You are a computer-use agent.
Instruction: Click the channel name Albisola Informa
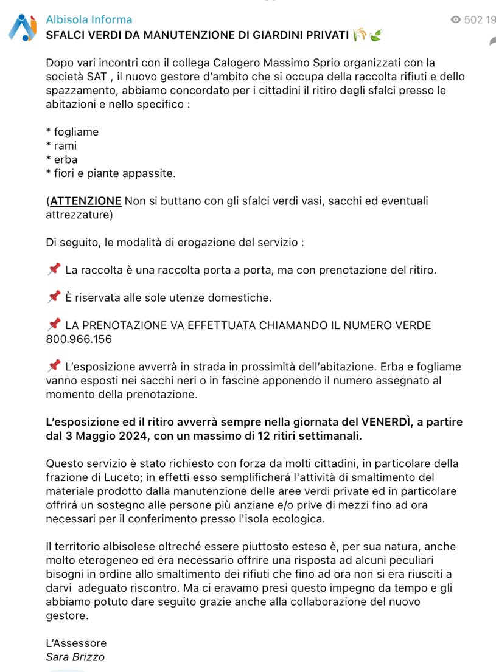point(89,19)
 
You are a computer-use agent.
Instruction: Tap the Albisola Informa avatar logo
point(23,28)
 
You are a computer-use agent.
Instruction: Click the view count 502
point(472,19)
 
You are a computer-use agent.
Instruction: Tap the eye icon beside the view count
point(455,19)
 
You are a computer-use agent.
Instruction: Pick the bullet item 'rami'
point(65,146)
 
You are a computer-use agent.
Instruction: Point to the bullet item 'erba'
point(66,160)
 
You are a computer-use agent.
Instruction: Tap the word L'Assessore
point(76,643)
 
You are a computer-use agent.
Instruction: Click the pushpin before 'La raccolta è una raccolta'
point(54,268)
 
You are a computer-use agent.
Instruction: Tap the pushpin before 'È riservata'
point(54,296)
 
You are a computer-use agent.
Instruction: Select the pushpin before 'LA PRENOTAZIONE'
point(54,324)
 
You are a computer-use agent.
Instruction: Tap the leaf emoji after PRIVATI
point(376,35)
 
